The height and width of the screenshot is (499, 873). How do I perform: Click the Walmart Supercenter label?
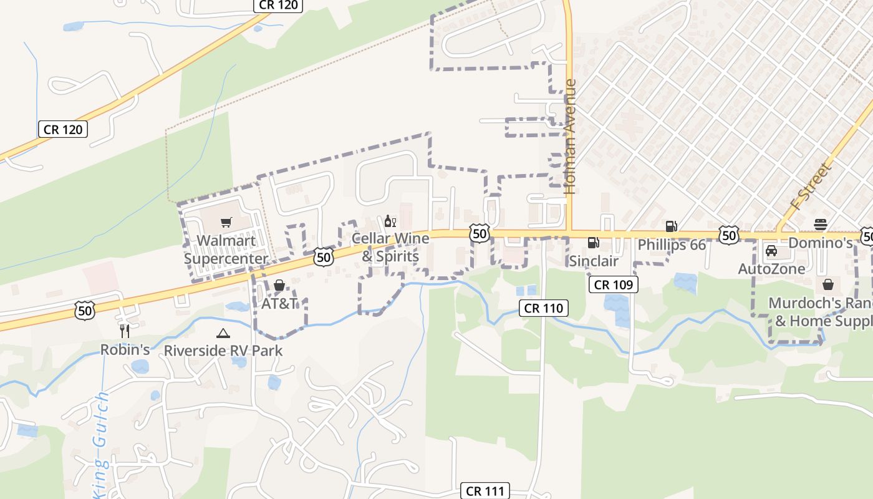pyautogui.click(x=226, y=249)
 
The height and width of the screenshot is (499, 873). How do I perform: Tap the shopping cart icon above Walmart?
pyautogui.click(x=226, y=222)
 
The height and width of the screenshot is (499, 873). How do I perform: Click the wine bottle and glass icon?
pyautogui.click(x=390, y=221)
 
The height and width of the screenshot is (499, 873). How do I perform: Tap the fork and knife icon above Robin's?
pyautogui.click(x=125, y=331)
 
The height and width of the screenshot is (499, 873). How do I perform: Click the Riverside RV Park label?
pyautogui.click(x=223, y=351)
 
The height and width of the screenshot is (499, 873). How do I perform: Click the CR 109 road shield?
pyautogui.click(x=614, y=285)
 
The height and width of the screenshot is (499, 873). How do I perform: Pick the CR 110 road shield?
pyautogui.click(x=544, y=308)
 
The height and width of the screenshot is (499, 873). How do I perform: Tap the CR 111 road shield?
pyautogui.click(x=485, y=491)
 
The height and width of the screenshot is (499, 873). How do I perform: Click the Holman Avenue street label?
pyautogui.click(x=569, y=137)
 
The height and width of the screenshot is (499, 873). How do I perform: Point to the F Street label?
pyautogui.click(x=811, y=186)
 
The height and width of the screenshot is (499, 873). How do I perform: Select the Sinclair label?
pyautogui.click(x=594, y=261)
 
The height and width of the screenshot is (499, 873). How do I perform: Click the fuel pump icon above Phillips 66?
pyautogui.click(x=671, y=226)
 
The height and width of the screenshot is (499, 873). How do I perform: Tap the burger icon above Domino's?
pyautogui.click(x=821, y=225)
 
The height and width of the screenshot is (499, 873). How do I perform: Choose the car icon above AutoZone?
pyautogui.click(x=771, y=251)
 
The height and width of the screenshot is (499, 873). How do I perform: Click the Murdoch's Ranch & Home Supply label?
pyautogui.click(x=820, y=312)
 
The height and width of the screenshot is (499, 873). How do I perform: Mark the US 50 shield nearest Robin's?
pyautogui.click(x=85, y=311)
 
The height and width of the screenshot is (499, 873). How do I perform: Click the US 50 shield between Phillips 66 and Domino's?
pyautogui.click(x=728, y=235)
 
